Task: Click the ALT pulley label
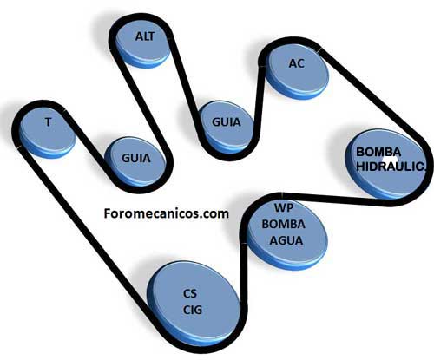click(x=145, y=36)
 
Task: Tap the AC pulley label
click(x=297, y=63)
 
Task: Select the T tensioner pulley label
click(x=49, y=122)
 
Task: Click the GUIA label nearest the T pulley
click(x=136, y=158)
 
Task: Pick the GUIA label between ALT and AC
click(x=227, y=122)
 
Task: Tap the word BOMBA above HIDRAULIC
click(x=378, y=152)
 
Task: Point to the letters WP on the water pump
click(x=284, y=207)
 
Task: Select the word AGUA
click(x=286, y=240)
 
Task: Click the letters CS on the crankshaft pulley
click(x=190, y=293)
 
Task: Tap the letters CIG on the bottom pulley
click(x=193, y=310)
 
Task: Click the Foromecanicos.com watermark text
click(x=167, y=213)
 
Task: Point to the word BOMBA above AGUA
click(x=284, y=224)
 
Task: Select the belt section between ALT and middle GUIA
click(x=184, y=81)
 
